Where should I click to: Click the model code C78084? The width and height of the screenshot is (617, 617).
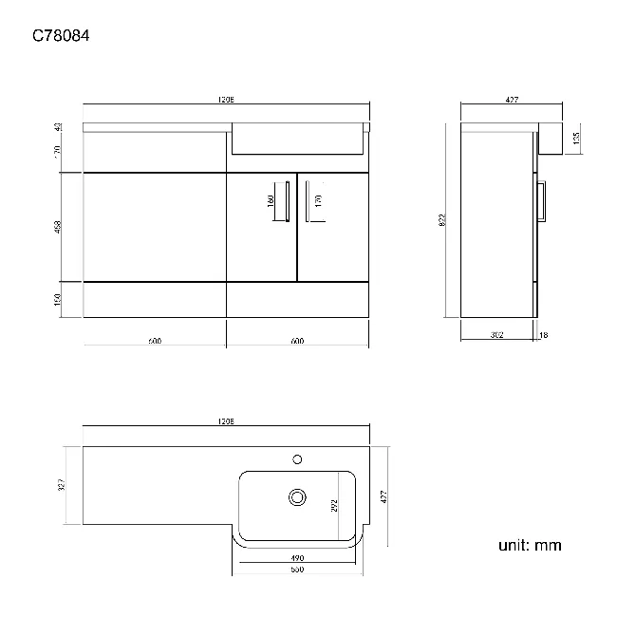click(x=62, y=37)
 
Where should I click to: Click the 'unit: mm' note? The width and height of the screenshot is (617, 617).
click(x=530, y=545)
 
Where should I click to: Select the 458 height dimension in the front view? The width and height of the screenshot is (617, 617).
click(x=58, y=228)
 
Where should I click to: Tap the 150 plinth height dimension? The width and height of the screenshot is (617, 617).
click(x=58, y=300)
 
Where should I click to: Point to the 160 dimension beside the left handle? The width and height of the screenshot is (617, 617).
click(x=271, y=201)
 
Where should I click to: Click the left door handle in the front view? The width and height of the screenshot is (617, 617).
click(x=287, y=200)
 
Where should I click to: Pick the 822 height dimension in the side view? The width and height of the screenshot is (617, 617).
click(x=443, y=220)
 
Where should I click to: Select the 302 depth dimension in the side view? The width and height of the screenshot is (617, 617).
click(x=496, y=334)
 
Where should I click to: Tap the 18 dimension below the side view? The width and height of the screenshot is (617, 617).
click(x=543, y=334)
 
